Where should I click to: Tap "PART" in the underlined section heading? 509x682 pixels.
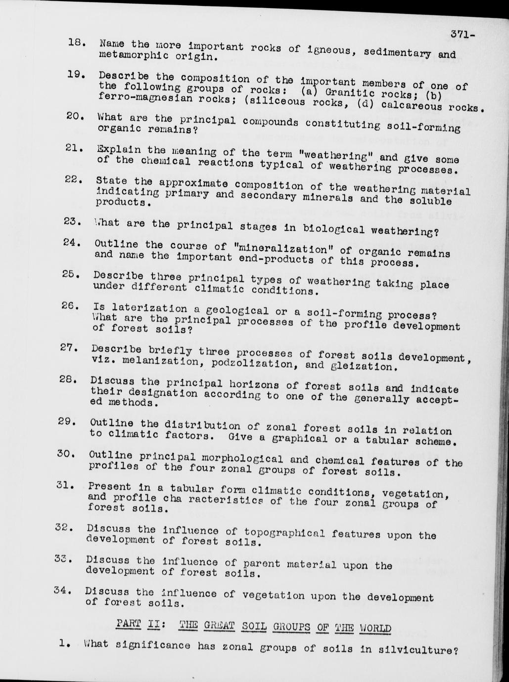point(129,624)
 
